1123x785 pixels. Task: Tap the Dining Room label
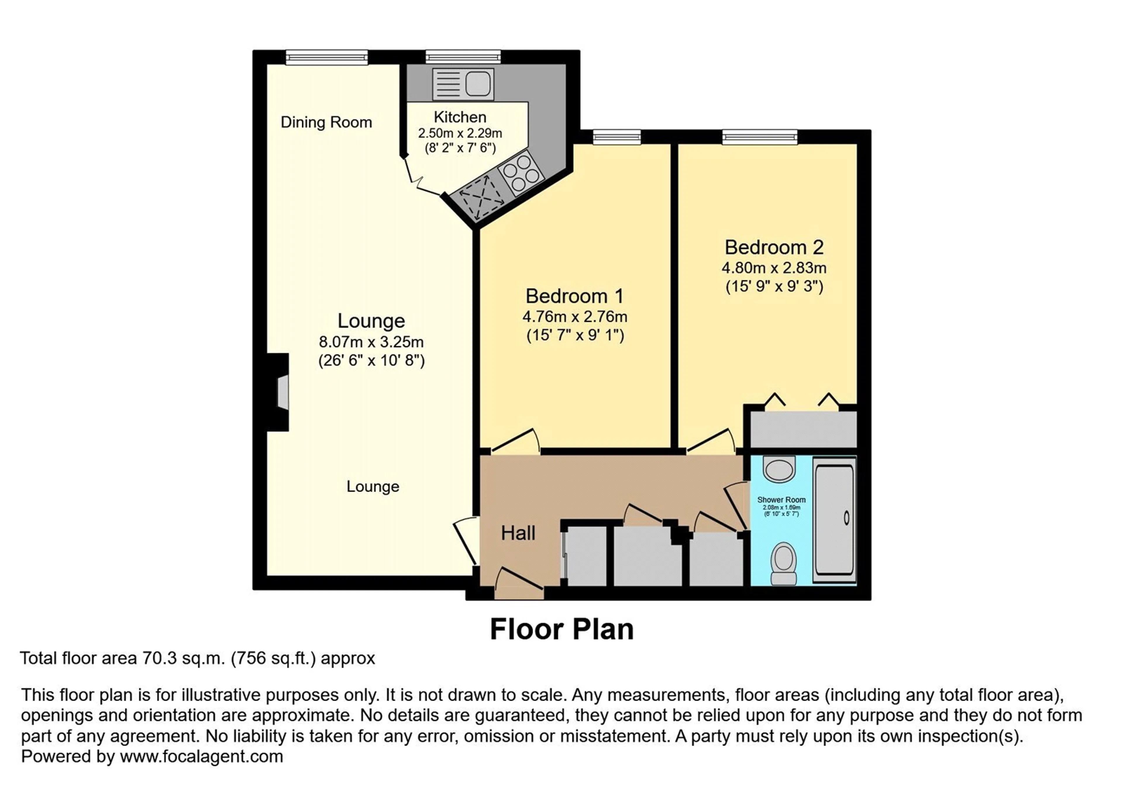click(326, 122)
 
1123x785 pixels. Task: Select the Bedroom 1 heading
click(575, 296)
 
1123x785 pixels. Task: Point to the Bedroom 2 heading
click(774, 247)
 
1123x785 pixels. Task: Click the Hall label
click(518, 533)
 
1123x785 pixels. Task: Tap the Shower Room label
click(781, 499)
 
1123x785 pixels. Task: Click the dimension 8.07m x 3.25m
click(371, 342)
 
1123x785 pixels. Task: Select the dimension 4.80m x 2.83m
click(774, 268)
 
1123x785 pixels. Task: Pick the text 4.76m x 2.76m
click(575, 317)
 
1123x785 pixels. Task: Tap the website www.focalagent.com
click(201, 757)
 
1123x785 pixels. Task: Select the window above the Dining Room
click(327, 57)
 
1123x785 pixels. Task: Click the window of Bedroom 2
click(759, 137)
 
